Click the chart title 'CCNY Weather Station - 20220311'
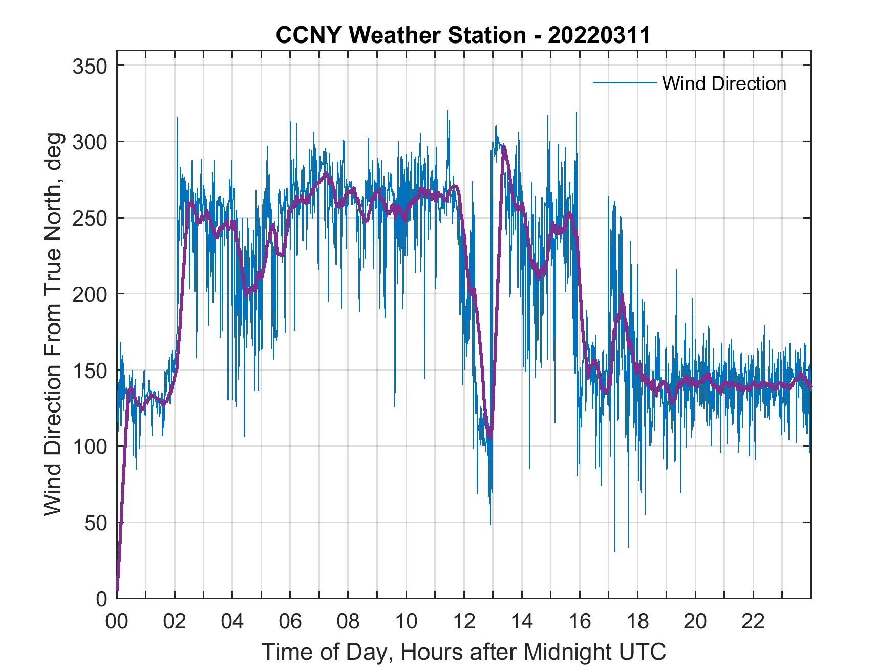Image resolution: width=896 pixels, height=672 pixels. point(463,35)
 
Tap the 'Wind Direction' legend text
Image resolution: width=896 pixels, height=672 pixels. point(724,83)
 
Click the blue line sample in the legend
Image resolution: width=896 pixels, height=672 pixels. point(624,83)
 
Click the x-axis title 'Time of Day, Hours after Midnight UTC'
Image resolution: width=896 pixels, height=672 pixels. point(464,652)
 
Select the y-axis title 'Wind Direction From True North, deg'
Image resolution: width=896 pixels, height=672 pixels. point(53,324)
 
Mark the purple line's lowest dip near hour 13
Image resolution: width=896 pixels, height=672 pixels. point(490,437)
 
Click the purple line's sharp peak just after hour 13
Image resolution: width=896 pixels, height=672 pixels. point(504,147)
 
